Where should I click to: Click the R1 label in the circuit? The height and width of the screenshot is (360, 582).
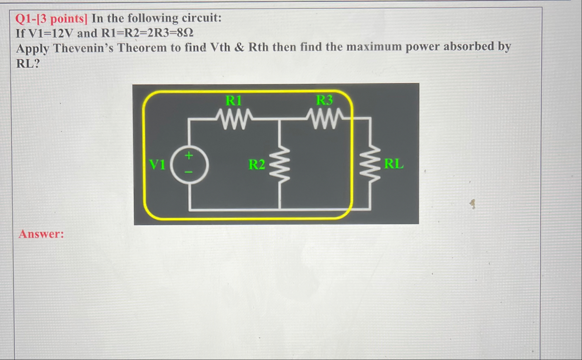coord(234,100)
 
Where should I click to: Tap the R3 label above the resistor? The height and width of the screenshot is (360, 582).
coord(324,100)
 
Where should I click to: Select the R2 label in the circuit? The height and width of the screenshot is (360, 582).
coord(257,164)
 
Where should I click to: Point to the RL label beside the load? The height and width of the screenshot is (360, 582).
coord(394,164)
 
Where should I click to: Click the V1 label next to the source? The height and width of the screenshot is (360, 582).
coord(157,164)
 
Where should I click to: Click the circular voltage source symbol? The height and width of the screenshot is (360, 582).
coord(190,164)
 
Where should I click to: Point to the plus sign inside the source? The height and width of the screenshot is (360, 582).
coord(189,156)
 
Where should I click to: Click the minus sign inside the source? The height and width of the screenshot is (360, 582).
coord(189,172)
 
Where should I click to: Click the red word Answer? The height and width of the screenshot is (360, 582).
coord(41,234)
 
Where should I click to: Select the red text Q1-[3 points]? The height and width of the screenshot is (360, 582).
coord(51,19)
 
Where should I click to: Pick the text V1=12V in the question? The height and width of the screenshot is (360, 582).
coord(50,33)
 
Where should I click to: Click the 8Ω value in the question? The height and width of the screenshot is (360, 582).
coord(185,33)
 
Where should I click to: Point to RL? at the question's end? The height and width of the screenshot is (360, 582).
coord(28,64)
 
